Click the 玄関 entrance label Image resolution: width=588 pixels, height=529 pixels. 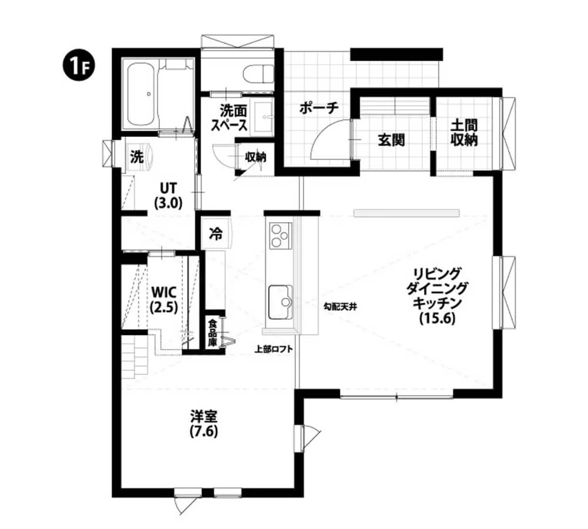click(x=390, y=140)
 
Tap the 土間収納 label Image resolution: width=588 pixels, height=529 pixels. click(x=464, y=133)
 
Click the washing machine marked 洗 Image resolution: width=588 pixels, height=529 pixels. click(x=138, y=157)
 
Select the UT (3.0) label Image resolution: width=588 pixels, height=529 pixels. click(x=168, y=196)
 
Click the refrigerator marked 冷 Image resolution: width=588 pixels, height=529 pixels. click(x=216, y=233)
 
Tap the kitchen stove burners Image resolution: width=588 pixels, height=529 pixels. click(x=279, y=236)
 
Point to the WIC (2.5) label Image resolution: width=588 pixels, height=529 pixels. click(x=164, y=299)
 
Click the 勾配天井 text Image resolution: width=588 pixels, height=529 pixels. click(x=340, y=306)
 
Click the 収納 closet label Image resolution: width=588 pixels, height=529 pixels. click(x=255, y=157)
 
